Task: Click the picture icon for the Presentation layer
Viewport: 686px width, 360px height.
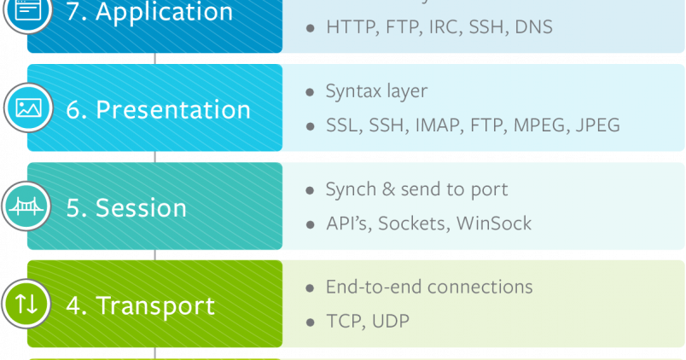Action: [27, 108]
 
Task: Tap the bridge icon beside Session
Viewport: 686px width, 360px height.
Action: [27, 207]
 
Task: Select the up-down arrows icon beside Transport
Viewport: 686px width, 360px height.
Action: [27, 305]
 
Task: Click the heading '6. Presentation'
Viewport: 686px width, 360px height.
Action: [159, 110]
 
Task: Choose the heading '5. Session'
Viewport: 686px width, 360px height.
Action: [126, 208]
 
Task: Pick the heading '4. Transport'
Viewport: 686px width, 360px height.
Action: [141, 305]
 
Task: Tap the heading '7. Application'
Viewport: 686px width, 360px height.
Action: [149, 13]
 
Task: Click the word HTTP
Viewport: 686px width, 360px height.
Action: [350, 27]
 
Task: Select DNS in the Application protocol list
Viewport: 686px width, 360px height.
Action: [534, 27]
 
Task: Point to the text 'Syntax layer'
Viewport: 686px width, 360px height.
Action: [376, 91]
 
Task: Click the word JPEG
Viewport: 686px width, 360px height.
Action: [597, 125]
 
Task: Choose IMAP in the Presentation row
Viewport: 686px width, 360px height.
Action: [438, 125]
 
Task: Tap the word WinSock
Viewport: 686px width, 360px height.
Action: [494, 224]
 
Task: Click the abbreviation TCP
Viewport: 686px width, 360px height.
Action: [346, 322]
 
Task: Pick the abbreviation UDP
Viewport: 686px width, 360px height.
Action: [391, 322]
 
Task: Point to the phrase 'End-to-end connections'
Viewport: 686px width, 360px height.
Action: [429, 287]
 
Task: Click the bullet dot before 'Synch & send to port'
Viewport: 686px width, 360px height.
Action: [310, 190]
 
